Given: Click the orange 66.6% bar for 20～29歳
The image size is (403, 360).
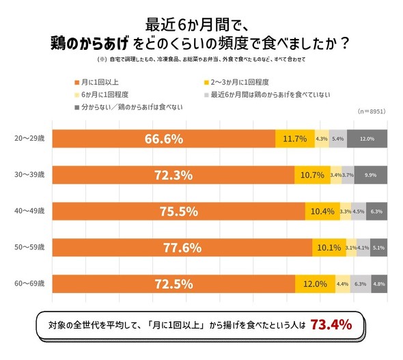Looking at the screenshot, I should click(164, 139).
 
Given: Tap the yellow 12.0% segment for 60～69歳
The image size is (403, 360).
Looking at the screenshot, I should click(315, 283).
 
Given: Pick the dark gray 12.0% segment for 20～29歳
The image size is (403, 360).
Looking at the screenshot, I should click(367, 139).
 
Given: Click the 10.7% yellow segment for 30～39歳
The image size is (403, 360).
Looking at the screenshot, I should click(311, 175).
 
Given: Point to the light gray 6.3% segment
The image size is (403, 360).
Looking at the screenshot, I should click(360, 283).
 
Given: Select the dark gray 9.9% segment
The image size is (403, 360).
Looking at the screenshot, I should click(371, 175).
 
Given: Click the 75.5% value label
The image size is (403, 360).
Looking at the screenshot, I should click(178, 211).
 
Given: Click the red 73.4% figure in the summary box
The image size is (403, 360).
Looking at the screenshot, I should click(331, 324).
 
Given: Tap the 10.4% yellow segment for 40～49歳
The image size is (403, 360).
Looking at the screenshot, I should click(321, 211).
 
